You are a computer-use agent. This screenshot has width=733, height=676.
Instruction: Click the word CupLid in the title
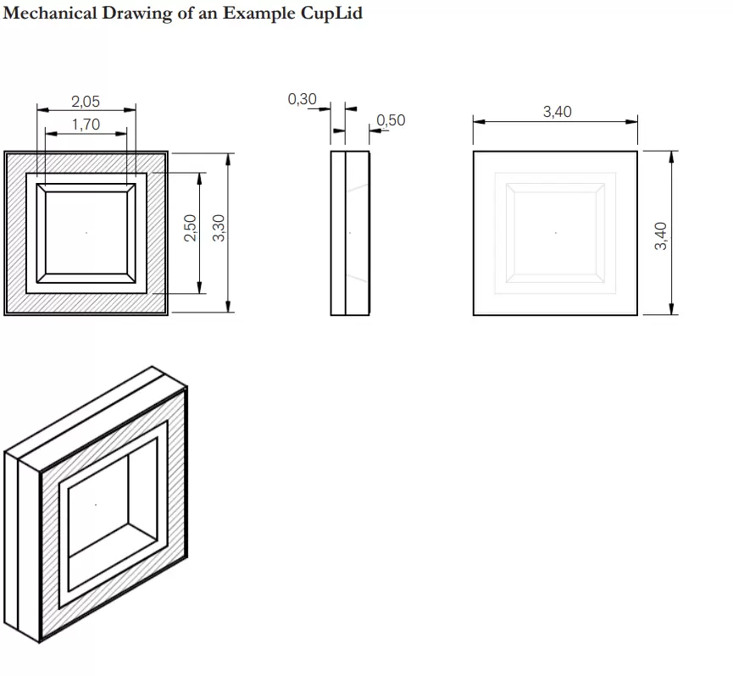click(x=331, y=14)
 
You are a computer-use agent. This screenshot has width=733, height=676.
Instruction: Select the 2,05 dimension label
click(x=85, y=102)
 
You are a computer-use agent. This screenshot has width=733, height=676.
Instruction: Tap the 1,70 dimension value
click(x=86, y=125)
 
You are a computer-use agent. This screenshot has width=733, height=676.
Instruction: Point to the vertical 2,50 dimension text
click(x=190, y=228)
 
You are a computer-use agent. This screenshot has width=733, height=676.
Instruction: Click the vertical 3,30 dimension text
click(x=219, y=228)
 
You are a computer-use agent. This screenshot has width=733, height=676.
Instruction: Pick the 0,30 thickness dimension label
click(x=302, y=99)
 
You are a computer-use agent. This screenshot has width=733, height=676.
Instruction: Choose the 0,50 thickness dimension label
click(x=391, y=120)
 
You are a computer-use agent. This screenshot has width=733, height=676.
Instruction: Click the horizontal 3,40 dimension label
click(x=557, y=111)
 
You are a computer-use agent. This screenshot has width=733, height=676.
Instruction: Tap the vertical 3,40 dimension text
click(x=661, y=236)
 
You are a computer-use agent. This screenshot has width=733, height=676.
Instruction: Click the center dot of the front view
click(x=86, y=232)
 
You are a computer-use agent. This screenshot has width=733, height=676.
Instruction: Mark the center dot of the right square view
click(x=555, y=233)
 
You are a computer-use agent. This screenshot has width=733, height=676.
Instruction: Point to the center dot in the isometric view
click(x=96, y=506)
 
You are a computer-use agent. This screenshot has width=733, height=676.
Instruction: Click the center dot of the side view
click(x=350, y=232)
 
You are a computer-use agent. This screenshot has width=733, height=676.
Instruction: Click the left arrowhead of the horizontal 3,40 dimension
click(x=479, y=122)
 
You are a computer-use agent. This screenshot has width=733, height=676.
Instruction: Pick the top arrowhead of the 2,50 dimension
click(x=199, y=179)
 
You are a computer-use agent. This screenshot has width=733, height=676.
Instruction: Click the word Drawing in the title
click(x=139, y=14)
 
